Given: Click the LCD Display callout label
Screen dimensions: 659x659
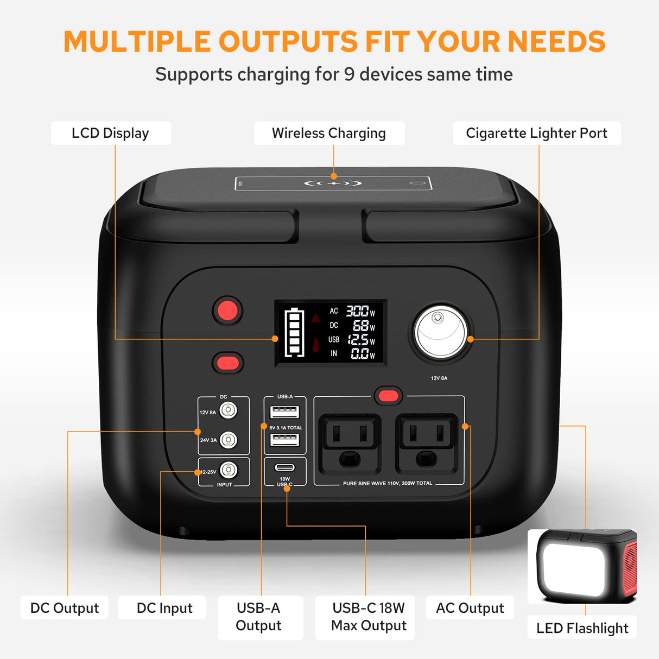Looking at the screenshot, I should click(x=110, y=133).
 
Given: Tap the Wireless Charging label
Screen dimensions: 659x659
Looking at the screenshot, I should click(x=329, y=133).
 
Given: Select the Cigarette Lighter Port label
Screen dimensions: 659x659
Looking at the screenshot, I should click(x=536, y=133).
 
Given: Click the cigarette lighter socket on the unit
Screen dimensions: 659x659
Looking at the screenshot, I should click(x=440, y=332).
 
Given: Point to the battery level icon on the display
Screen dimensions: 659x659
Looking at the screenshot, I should click(x=294, y=332).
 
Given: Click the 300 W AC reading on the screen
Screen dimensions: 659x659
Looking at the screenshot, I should click(x=358, y=311).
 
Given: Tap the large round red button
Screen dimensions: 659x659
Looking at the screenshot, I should click(x=227, y=311).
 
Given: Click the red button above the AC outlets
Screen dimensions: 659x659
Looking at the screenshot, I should click(x=388, y=396).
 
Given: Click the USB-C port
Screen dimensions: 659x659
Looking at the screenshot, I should click(x=285, y=467).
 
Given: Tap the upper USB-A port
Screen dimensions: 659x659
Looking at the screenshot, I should click(x=285, y=412).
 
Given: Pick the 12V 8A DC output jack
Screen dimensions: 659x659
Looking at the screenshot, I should click(x=229, y=410).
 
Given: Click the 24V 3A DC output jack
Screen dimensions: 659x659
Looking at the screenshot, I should click(x=229, y=440).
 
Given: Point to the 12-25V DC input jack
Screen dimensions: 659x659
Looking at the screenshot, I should click(x=229, y=470).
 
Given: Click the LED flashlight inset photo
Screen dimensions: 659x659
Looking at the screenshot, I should click(x=582, y=566).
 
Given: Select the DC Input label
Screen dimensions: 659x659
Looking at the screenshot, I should click(x=164, y=608).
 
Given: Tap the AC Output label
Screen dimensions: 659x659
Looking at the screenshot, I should click(x=470, y=608).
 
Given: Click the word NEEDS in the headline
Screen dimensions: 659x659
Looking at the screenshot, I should click(x=556, y=42).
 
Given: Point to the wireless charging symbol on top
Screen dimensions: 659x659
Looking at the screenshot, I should click(x=333, y=183).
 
